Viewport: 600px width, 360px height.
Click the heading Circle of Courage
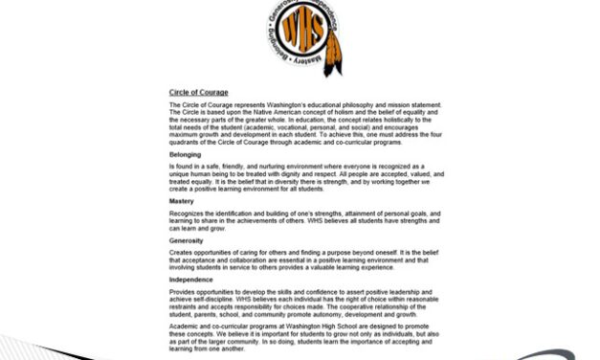pyautogui.click(x=198, y=92)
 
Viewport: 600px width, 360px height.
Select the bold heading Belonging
pyautogui.click(x=185, y=154)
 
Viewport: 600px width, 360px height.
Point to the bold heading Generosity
pyautogui.click(x=187, y=240)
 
